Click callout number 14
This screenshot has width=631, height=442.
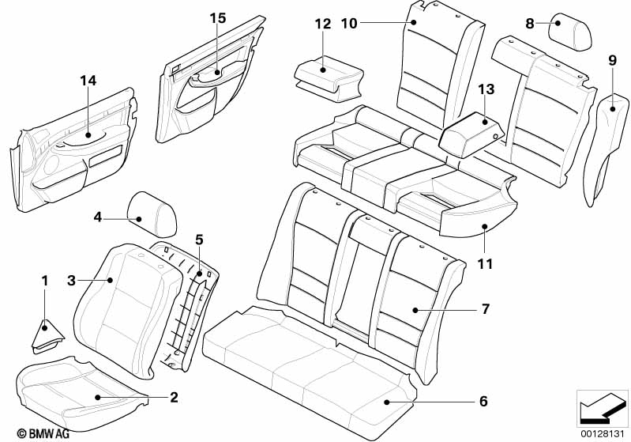[x=88, y=81]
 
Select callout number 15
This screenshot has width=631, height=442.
[x=218, y=18]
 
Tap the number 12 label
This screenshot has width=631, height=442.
[x=323, y=24]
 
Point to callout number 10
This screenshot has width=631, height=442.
[x=349, y=24]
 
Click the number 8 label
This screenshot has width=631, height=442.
[x=530, y=24]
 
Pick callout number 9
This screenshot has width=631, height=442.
[x=612, y=60]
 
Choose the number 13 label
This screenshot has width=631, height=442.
[x=486, y=89]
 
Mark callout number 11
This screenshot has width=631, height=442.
[x=485, y=264]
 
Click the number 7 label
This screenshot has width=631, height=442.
[x=486, y=309]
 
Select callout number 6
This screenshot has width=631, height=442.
[x=483, y=401]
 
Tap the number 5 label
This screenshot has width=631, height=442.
[x=199, y=240]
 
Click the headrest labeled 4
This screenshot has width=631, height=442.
[x=152, y=214]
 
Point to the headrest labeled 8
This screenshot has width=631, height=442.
[x=571, y=32]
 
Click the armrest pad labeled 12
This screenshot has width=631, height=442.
[x=329, y=78]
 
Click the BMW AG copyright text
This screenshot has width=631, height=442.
[x=43, y=433]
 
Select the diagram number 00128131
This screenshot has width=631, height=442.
[x=602, y=434]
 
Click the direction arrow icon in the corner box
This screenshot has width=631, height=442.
[x=602, y=409]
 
